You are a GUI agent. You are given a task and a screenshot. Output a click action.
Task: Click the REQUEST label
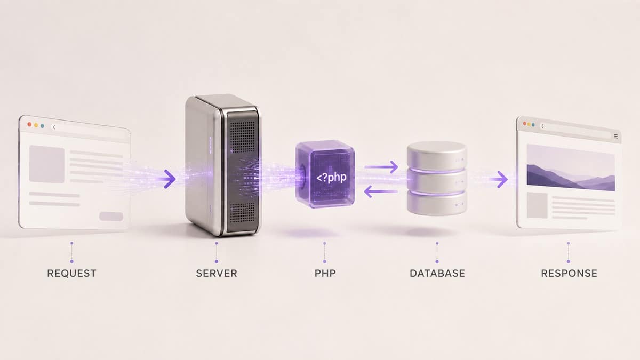point(71,274)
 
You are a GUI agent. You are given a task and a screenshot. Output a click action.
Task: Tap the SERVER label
point(217,274)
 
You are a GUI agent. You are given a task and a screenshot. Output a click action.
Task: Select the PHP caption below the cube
point(325,274)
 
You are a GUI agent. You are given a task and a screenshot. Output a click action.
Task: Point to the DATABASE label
point(437,274)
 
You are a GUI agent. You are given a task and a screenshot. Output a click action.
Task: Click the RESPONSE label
point(569,274)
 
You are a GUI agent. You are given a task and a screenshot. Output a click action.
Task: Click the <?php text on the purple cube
point(331,178)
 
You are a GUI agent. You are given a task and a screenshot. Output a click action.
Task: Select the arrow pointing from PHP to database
point(381,167)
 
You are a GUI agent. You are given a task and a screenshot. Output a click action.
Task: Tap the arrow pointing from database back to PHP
point(381,191)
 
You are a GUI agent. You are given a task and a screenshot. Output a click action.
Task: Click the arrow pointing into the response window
point(499,179)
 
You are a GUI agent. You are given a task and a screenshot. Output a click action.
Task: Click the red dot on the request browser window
point(29,124)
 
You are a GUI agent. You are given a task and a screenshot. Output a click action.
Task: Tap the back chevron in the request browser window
point(54,127)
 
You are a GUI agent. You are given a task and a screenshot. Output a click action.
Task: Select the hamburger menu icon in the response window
point(616,137)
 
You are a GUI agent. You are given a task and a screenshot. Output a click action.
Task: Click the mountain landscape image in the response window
point(571,167)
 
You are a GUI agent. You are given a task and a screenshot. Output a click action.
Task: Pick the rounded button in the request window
point(111,217)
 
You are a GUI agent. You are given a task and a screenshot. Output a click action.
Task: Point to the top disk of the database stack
point(437,156)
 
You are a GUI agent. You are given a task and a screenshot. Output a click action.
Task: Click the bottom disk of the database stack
point(437,203)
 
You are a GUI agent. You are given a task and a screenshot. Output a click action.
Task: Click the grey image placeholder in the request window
point(46,164)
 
